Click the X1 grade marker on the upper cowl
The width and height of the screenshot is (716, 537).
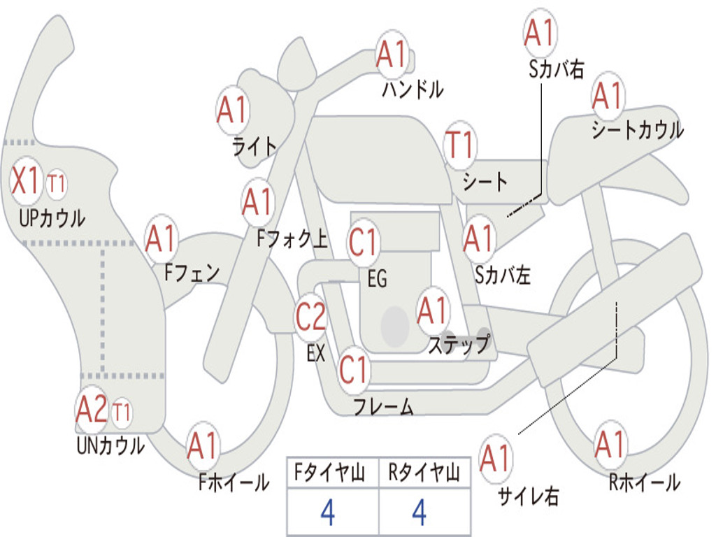[x=26, y=181]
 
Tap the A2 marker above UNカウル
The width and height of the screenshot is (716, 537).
[x=92, y=410]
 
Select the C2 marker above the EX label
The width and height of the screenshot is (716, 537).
[x=310, y=317]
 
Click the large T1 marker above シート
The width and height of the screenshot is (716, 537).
[x=460, y=145]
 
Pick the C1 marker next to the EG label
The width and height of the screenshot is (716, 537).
[x=363, y=242]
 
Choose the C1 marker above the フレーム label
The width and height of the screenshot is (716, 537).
[x=354, y=369]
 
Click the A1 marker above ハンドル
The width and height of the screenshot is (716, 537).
[x=392, y=54]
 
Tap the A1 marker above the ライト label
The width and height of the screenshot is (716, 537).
[x=232, y=110]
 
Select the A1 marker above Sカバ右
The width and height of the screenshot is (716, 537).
[x=540, y=32]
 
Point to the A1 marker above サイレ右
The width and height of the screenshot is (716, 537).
[x=496, y=457]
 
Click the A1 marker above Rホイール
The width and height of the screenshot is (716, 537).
[x=610, y=444]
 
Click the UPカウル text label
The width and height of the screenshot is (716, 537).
[x=52, y=218]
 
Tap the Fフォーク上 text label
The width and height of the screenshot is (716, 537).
[x=292, y=238]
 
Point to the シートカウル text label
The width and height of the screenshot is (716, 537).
[x=638, y=129]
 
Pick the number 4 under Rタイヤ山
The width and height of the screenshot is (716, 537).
[x=420, y=512]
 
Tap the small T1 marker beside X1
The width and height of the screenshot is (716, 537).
[x=57, y=184]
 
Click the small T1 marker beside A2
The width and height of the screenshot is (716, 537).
[x=122, y=413]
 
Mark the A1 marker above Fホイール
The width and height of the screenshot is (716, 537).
[x=203, y=445]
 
